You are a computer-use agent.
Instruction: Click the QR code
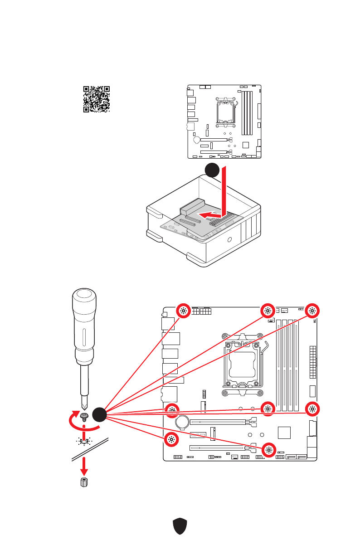(x=97, y=99)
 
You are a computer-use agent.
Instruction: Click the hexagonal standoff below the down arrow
(x=84, y=482)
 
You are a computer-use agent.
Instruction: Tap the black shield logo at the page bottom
(x=180, y=527)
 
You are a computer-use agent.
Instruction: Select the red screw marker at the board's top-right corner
(x=312, y=311)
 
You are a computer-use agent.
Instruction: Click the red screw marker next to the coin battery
(x=171, y=410)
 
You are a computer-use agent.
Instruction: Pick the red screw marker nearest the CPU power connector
(x=183, y=311)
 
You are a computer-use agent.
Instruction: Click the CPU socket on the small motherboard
(x=226, y=111)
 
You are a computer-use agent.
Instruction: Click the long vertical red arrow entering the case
(x=223, y=190)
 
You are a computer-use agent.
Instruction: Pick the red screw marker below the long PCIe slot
(x=268, y=450)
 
